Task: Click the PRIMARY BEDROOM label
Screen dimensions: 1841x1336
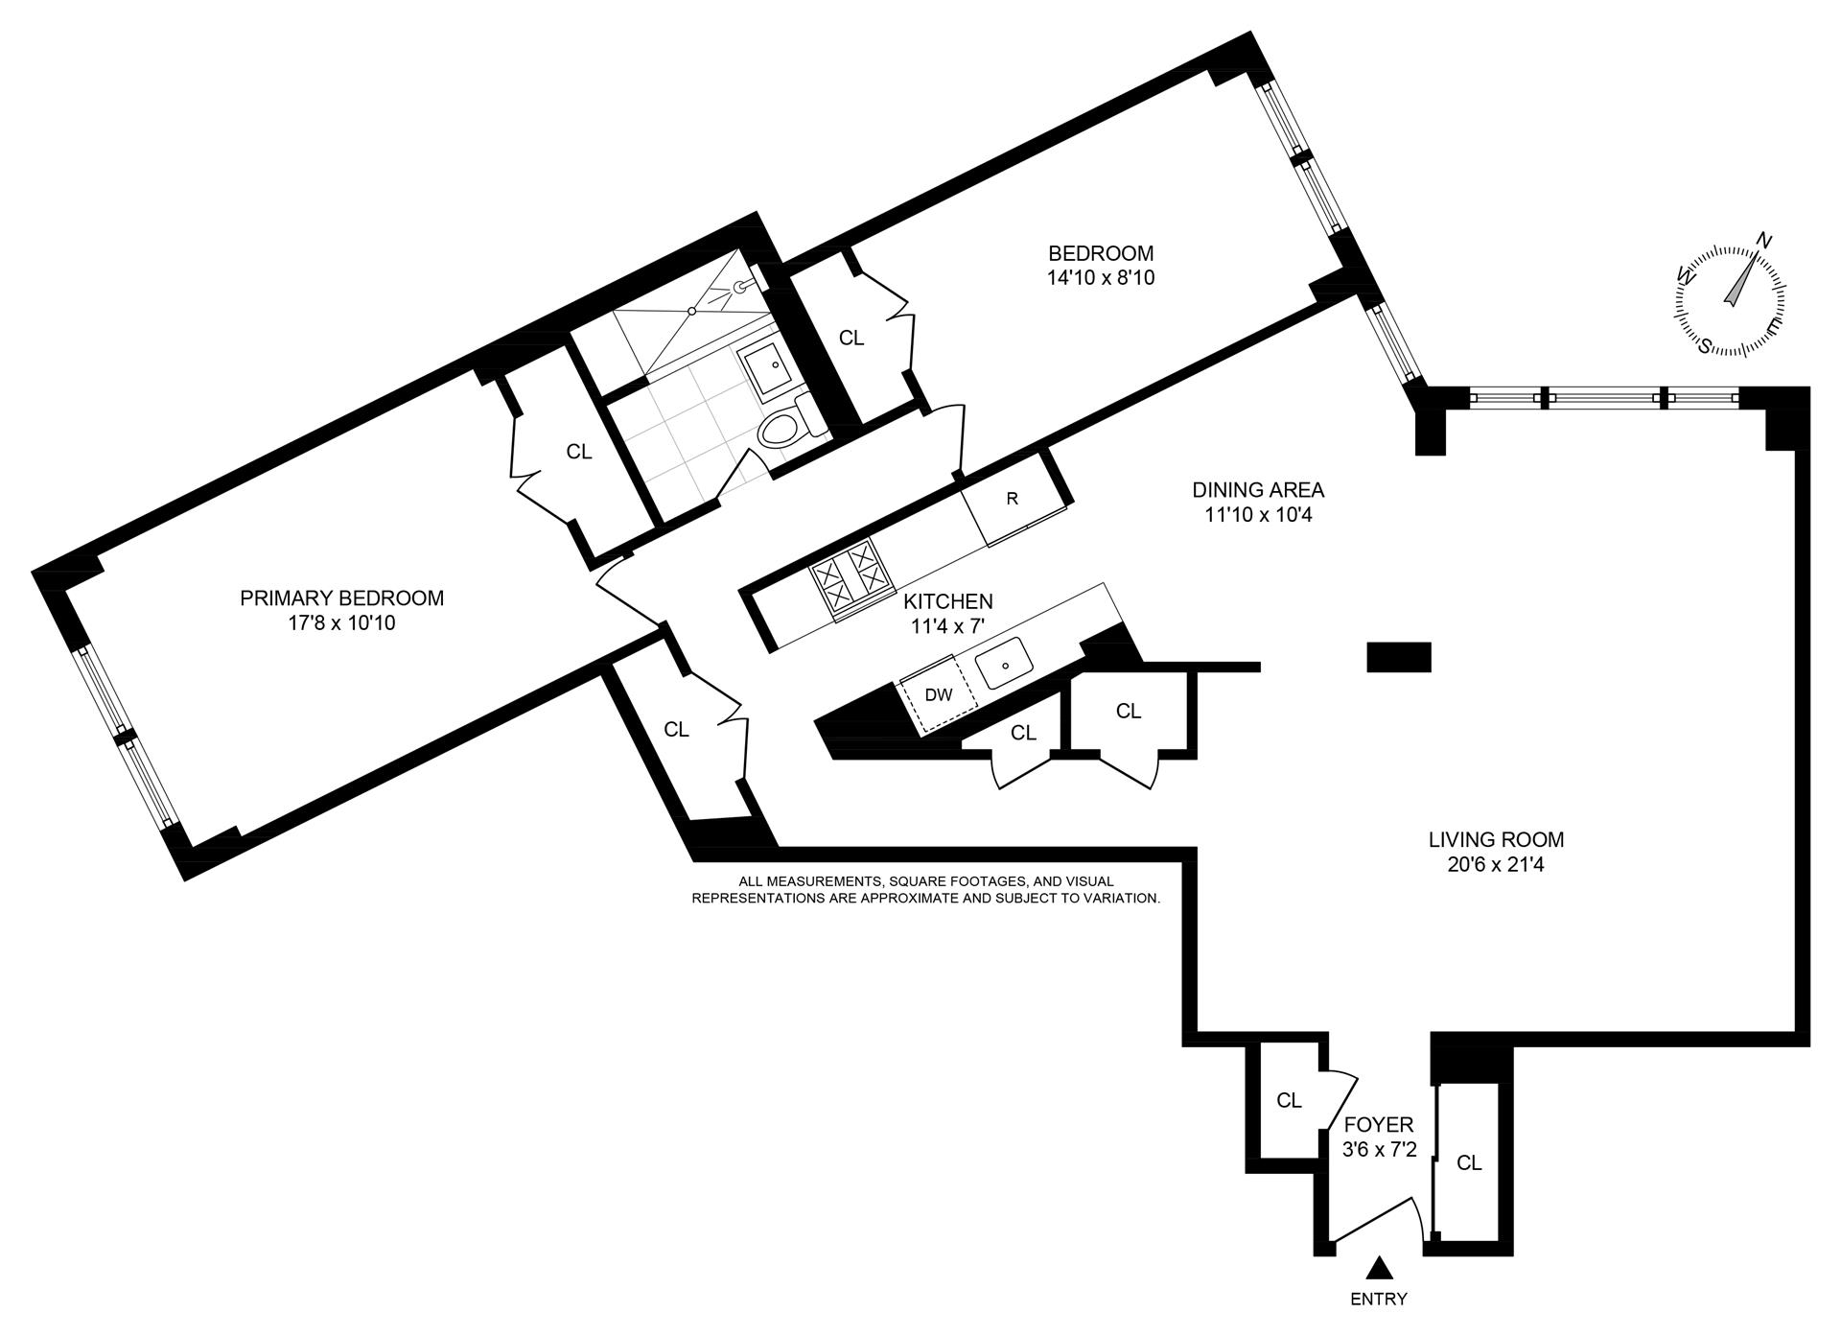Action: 341,598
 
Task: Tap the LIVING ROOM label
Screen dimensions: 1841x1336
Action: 1496,839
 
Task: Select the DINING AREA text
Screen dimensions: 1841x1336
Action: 1258,489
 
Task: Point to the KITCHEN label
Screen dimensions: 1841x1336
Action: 948,601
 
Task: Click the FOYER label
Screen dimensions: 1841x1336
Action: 1379,1124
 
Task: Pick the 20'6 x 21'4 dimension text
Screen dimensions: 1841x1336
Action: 1496,865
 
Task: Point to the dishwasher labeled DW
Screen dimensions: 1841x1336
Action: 938,694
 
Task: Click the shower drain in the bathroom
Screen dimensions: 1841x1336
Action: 692,311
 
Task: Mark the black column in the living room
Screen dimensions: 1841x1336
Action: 1398,657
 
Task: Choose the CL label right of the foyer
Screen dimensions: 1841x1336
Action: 1469,1163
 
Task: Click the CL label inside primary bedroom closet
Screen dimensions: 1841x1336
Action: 579,451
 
